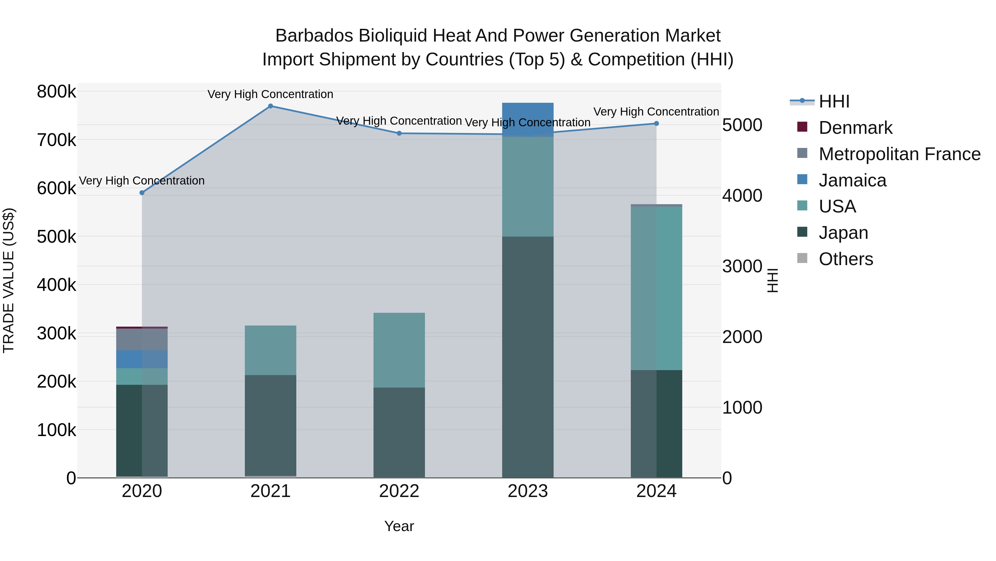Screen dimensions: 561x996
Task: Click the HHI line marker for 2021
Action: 270,106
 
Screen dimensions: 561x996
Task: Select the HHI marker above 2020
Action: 142,193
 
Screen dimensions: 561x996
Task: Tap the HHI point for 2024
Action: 656,124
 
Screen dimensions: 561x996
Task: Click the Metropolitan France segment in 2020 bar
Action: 142,339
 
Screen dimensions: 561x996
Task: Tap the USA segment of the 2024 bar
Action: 656,288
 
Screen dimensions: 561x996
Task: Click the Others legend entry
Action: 845,259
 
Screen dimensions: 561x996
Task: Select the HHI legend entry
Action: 834,101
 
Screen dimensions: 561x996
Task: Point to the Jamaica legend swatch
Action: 802,180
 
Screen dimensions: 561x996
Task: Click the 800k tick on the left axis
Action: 56,92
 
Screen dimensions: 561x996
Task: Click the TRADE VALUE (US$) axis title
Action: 9,280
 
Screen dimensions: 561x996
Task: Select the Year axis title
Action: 399,526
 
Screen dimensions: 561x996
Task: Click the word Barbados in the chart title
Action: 314,36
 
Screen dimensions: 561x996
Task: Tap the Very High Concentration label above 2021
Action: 270,94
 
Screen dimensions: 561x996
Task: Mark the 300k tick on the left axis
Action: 56,333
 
